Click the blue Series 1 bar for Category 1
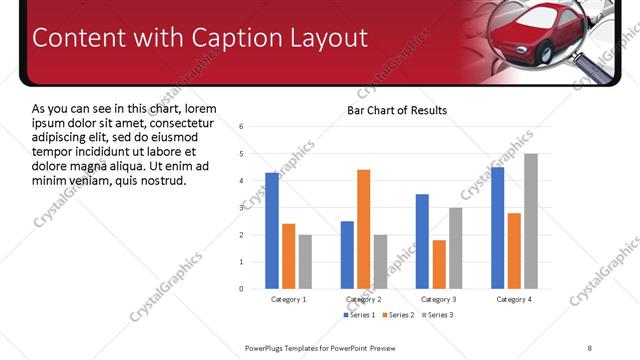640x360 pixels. (272, 230)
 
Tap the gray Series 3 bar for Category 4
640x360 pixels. (531, 220)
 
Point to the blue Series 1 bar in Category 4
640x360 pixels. (498, 227)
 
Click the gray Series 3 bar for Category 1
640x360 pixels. (305, 261)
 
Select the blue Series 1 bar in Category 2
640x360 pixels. (347, 254)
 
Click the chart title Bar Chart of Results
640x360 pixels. (397, 110)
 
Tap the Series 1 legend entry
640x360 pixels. (362, 315)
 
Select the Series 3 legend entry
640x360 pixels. (437, 315)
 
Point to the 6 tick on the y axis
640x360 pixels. (241, 127)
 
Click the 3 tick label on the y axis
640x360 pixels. (241, 208)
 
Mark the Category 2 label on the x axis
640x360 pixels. (363, 299)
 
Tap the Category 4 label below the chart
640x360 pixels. (514, 299)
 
